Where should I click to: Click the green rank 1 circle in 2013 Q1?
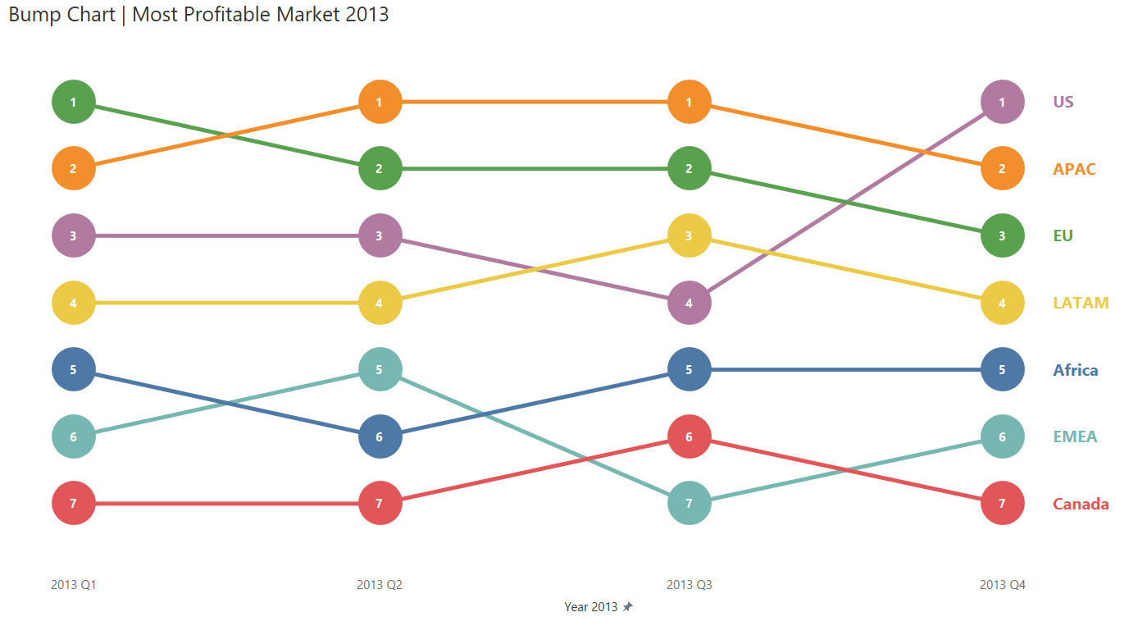pyautogui.click(x=74, y=103)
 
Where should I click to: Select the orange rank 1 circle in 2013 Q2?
pyautogui.click(x=380, y=103)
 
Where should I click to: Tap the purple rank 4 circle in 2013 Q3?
pyautogui.click(x=690, y=303)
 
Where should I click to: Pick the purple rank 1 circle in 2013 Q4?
pyautogui.click(x=1002, y=103)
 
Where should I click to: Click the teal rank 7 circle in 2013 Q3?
pyautogui.click(x=690, y=503)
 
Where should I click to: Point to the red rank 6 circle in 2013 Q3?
pyautogui.click(x=690, y=436)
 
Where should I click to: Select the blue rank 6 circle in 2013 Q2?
pyautogui.click(x=380, y=436)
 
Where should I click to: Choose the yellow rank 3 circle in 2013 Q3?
pyautogui.click(x=690, y=235)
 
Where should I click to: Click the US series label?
pyautogui.click(x=1063, y=102)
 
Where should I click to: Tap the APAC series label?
pyautogui.click(x=1074, y=169)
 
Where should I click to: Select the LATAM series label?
pyautogui.click(x=1081, y=303)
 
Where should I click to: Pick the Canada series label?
pyautogui.click(x=1081, y=504)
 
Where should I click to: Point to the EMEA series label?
pyautogui.click(x=1075, y=436)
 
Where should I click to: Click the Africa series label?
pyautogui.click(x=1076, y=370)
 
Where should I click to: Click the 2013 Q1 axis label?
pyautogui.click(x=74, y=585)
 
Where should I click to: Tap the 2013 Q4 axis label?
pyautogui.click(x=1002, y=585)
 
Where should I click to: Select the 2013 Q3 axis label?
pyautogui.click(x=690, y=585)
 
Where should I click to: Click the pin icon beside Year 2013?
pyautogui.click(x=628, y=607)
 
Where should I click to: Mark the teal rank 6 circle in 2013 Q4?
pyautogui.click(x=1002, y=436)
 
